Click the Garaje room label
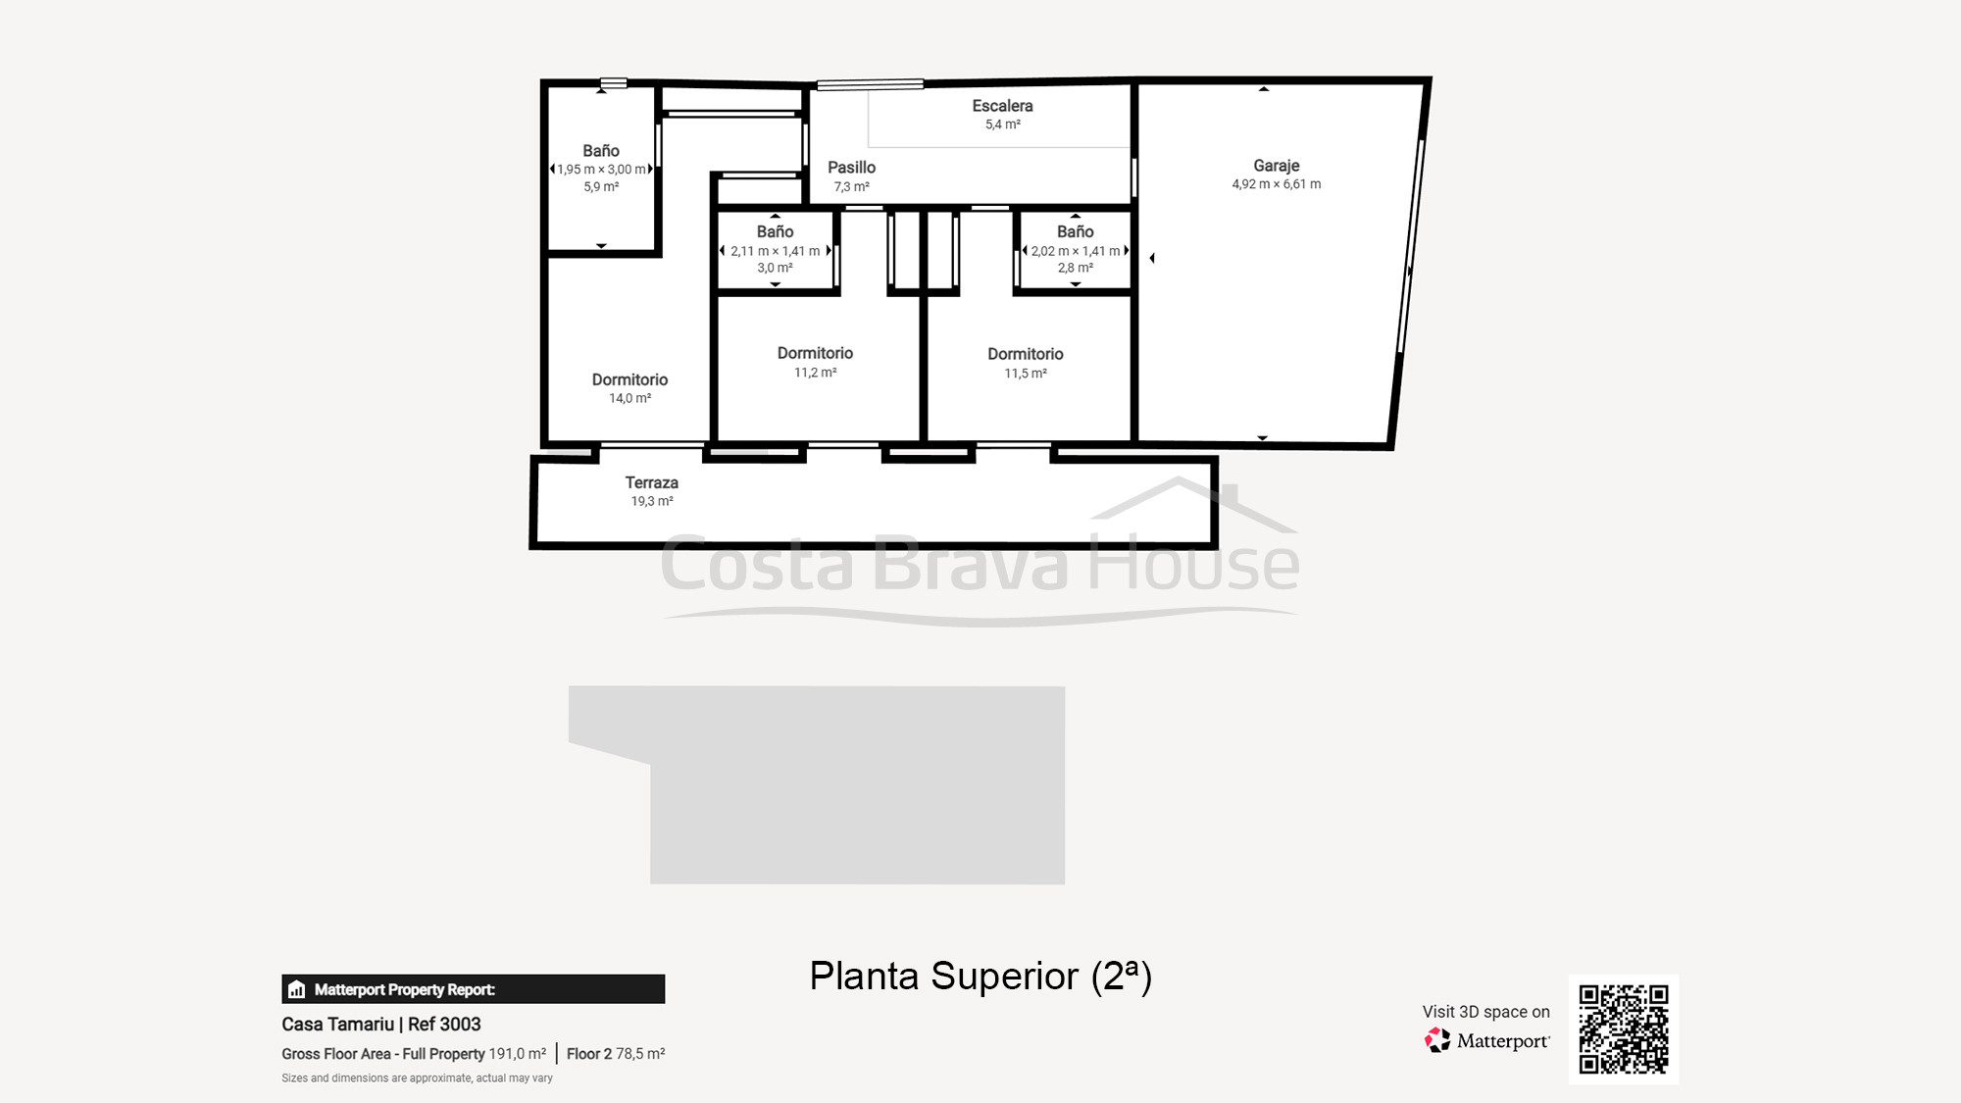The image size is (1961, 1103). (1276, 166)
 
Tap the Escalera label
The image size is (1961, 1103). (1002, 106)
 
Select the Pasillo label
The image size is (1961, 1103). (851, 168)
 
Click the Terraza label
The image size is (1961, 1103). (651, 482)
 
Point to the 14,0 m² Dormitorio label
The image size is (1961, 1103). (629, 380)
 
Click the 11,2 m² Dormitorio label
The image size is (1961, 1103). (815, 354)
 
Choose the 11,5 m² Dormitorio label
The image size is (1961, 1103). (1025, 355)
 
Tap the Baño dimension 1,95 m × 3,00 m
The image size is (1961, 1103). (601, 170)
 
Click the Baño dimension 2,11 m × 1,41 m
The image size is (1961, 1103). (775, 251)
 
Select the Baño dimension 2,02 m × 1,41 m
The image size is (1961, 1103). (1075, 251)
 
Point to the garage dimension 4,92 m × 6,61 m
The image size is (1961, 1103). (1276, 184)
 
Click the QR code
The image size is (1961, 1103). (1623, 1028)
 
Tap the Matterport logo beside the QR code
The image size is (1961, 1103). (1487, 1040)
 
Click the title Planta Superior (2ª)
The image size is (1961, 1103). (980, 977)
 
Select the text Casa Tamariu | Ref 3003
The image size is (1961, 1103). (380, 1025)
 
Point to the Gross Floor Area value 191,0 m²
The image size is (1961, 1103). (517, 1054)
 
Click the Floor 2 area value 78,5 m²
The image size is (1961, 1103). (640, 1054)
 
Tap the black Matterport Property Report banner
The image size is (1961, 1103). (473, 989)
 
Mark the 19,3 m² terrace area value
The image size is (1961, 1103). (651, 501)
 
